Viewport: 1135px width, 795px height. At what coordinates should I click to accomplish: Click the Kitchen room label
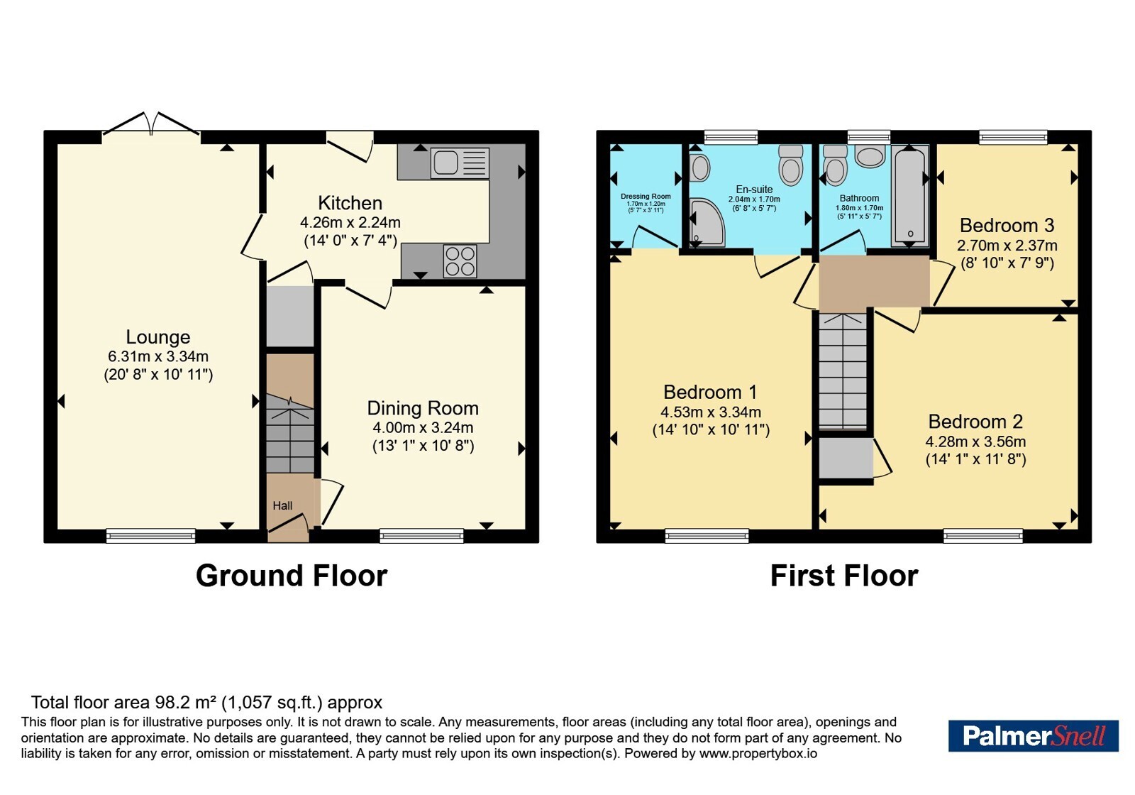[350, 203]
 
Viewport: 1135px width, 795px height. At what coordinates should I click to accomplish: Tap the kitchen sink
[460, 163]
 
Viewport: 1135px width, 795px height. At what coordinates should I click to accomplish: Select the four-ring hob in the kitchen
[460, 261]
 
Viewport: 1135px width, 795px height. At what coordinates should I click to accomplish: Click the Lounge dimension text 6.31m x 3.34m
[158, 356]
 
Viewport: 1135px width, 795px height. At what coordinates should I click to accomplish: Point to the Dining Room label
[423, 408]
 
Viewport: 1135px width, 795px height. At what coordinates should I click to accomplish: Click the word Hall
[283, 505]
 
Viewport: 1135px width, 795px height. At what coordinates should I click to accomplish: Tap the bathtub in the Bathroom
[910, 196]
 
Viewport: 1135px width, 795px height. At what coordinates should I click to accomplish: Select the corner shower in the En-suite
[707, 222]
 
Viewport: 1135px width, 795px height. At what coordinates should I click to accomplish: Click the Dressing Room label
[646, 196]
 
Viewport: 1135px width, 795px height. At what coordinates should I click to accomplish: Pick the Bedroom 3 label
[1007, 225]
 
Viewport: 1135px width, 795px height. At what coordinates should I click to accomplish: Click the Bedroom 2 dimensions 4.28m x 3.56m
[975, 441]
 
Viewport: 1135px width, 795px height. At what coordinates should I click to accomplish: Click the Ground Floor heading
[292, 576]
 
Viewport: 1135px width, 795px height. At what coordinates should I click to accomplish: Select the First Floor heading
[844, 576]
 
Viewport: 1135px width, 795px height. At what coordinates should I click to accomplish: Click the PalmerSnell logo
[1033, 735]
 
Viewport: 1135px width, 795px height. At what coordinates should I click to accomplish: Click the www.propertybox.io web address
[758, 753]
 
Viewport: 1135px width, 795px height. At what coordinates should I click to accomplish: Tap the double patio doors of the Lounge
[151, 124]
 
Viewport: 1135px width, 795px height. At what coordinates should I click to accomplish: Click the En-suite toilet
[790, 165]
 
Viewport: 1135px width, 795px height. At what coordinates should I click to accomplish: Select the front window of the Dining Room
[421, 535]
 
